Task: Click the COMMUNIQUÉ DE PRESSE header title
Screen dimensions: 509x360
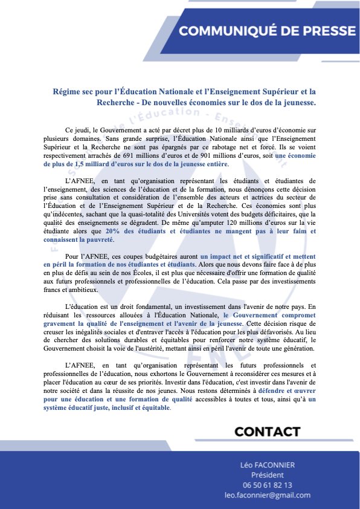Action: [x=268, y=31]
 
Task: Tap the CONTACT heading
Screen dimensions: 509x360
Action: [x=267, y=432]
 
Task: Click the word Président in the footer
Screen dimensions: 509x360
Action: [x=267, y=475]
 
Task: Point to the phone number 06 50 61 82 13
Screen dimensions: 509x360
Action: [x=267, y=485]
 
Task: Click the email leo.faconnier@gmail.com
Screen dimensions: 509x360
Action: [x=267, y=495]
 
